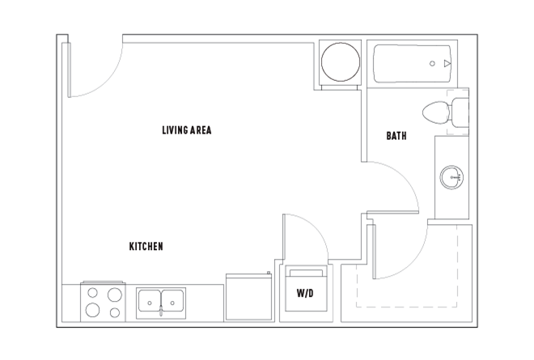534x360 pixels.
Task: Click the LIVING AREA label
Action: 187,130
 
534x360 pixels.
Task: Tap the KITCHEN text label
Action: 146,246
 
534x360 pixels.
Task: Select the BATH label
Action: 396,136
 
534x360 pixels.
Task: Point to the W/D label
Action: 305,293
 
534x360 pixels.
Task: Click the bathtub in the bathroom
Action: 413,64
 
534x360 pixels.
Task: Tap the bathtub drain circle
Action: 432,63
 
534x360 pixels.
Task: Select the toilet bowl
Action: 435,112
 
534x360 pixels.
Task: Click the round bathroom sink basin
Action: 451,177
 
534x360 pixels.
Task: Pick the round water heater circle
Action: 340,61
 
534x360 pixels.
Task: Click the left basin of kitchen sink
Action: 150,300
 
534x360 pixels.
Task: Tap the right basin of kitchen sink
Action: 172,300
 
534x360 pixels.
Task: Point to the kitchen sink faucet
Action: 161,311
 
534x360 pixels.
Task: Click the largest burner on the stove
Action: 115,294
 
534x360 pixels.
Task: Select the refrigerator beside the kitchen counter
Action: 248,297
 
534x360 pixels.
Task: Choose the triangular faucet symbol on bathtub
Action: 447,63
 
